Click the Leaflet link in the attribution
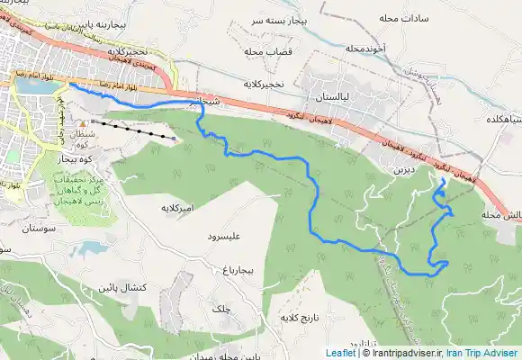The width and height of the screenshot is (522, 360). pos(340,353)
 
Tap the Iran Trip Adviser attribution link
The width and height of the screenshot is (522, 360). pos(486,353)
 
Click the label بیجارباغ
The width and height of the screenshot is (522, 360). pos(244,268)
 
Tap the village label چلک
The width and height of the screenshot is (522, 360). pos(220,308)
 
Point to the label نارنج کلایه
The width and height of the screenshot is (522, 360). pos(301,319)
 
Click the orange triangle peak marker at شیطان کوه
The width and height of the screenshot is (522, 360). pos(83,123)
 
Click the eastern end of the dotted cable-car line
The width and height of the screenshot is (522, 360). pos(173,138)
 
